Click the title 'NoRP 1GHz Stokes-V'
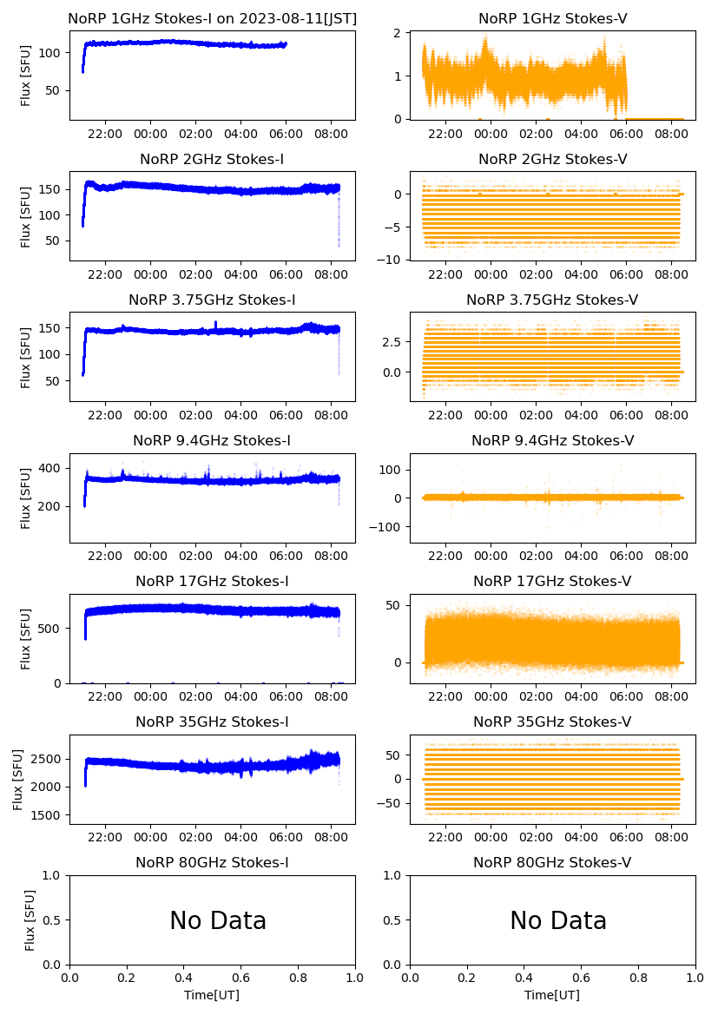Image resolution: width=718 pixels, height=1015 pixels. click(x=552, y=18)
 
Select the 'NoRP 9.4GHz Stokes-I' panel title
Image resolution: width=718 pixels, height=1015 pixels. click(x=212, y=440)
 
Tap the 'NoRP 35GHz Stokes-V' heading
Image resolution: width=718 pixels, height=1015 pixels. click(x=552, y=722)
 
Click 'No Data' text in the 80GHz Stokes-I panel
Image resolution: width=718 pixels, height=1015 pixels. click(x=218, y=920)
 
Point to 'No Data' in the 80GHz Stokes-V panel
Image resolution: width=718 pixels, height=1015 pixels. click(x=558, y=920)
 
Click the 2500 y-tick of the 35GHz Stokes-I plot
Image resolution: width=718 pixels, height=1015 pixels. click(x=49, y=759)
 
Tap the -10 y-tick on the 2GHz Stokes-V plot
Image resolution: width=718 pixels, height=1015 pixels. click(x=392, y=260)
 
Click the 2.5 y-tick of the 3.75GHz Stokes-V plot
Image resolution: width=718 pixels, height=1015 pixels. click(x=394, y=342)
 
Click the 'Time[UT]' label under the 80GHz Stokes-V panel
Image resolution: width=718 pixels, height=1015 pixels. click(x=552, y=995)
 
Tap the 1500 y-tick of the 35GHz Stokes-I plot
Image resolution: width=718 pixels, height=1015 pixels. click(x=49, y=815)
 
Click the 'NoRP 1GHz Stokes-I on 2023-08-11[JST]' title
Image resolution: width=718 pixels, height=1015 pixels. click(x=212, y=18)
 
